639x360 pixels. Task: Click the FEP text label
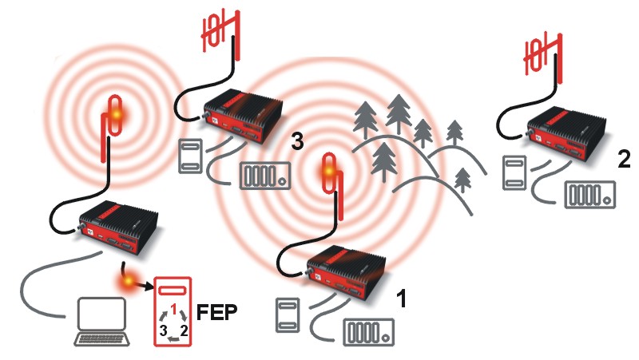[216, 313]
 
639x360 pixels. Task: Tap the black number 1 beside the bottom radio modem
[402, 299]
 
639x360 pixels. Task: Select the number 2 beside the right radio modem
[624, 159]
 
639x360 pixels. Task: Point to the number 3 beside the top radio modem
[297, 141]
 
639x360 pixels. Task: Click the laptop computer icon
[102, 322]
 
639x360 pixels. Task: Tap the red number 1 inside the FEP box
[174, 310]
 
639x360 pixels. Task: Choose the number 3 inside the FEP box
[164, 330]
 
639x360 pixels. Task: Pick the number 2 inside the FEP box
[184, 330]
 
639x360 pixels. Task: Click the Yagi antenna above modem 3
[221, 34]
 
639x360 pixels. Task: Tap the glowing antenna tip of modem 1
[328, 172]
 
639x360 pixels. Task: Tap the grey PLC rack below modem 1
[369, 332]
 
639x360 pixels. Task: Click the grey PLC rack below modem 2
[589, 195]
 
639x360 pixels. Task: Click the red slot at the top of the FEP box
[173, 291]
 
